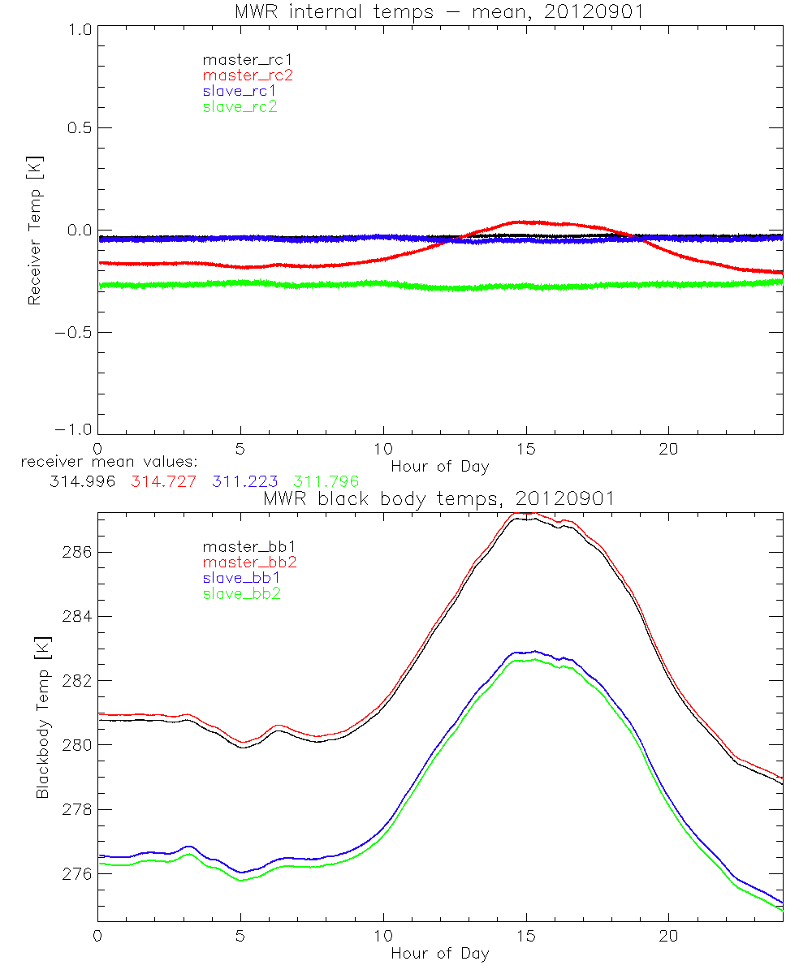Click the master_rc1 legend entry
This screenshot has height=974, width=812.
click(240, 59)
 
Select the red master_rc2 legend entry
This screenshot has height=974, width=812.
click(248, 75)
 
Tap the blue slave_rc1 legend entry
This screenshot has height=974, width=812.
click(240, 90)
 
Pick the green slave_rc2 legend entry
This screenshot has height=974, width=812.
click(240, 106)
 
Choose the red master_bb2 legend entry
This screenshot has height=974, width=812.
click(248, 562)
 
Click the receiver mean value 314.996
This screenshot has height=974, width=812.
click(83, 481)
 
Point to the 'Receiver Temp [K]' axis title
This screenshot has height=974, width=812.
click(34, 231)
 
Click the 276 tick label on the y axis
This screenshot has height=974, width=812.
click(76, 874)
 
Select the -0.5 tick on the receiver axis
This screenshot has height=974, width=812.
click(74, 333)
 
